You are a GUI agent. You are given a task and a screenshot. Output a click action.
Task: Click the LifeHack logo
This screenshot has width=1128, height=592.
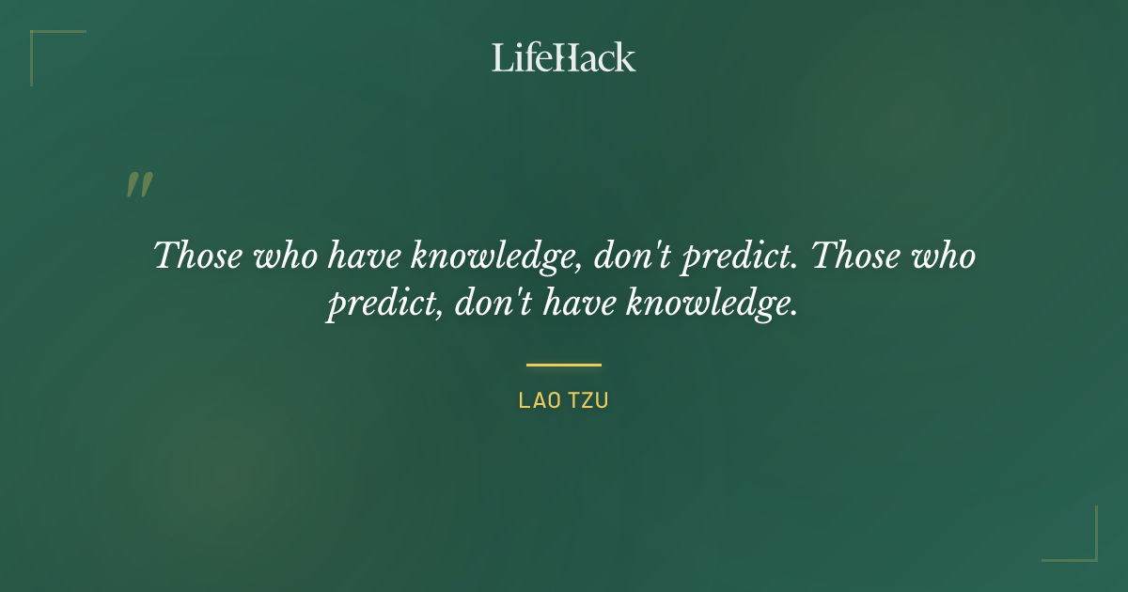pyautogui.click(x=564, y=57)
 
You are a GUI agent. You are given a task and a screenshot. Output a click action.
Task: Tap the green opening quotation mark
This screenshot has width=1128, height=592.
pyautogui.click(x=139, y=185)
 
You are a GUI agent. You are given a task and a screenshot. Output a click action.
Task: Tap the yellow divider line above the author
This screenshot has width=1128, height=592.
pyautogui.click(x=564, y=365)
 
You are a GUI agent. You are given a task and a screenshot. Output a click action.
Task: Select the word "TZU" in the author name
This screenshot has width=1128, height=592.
pyautogui.click(x=588, y=400)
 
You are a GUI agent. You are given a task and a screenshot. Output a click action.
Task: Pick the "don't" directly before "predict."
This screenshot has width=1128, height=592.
pyautogui.click(x=635, y=256)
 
